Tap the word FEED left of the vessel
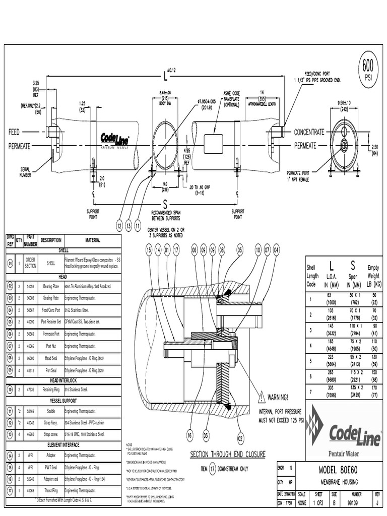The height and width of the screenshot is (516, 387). (14, 132)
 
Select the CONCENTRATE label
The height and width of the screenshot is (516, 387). (309, 132)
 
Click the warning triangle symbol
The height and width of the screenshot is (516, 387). (261, 398)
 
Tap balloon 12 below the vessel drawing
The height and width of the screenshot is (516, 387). (119, 226)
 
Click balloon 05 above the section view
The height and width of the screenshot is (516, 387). (240, 249)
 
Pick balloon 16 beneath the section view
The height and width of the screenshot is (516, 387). (189, 435)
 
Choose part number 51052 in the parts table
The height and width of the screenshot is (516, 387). (30, 286)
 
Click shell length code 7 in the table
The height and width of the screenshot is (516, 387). (311, 392)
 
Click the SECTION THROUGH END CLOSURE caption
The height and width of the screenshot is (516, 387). (227, 454)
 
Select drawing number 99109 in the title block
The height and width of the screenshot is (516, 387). (356, 502)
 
